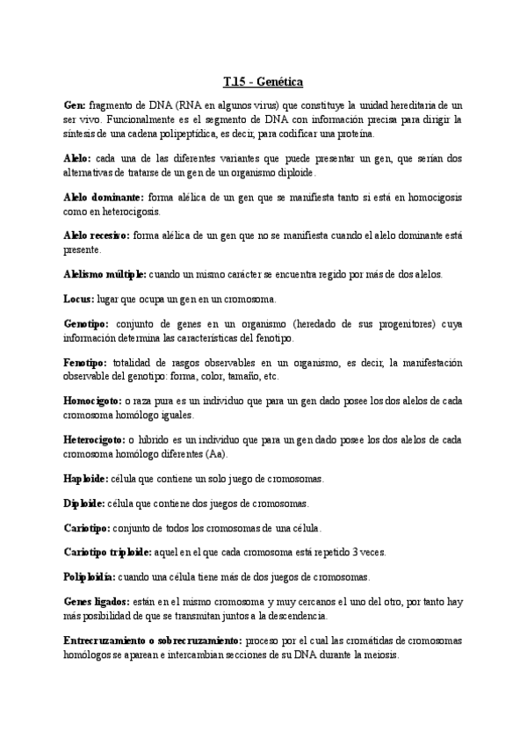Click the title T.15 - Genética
263,82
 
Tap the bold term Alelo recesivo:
97,236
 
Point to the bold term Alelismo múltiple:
104,274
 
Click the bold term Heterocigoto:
94,439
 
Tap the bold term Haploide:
86,478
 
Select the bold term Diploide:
84,503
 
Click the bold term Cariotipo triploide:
112,553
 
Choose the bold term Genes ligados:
95,603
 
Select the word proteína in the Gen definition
353,134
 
